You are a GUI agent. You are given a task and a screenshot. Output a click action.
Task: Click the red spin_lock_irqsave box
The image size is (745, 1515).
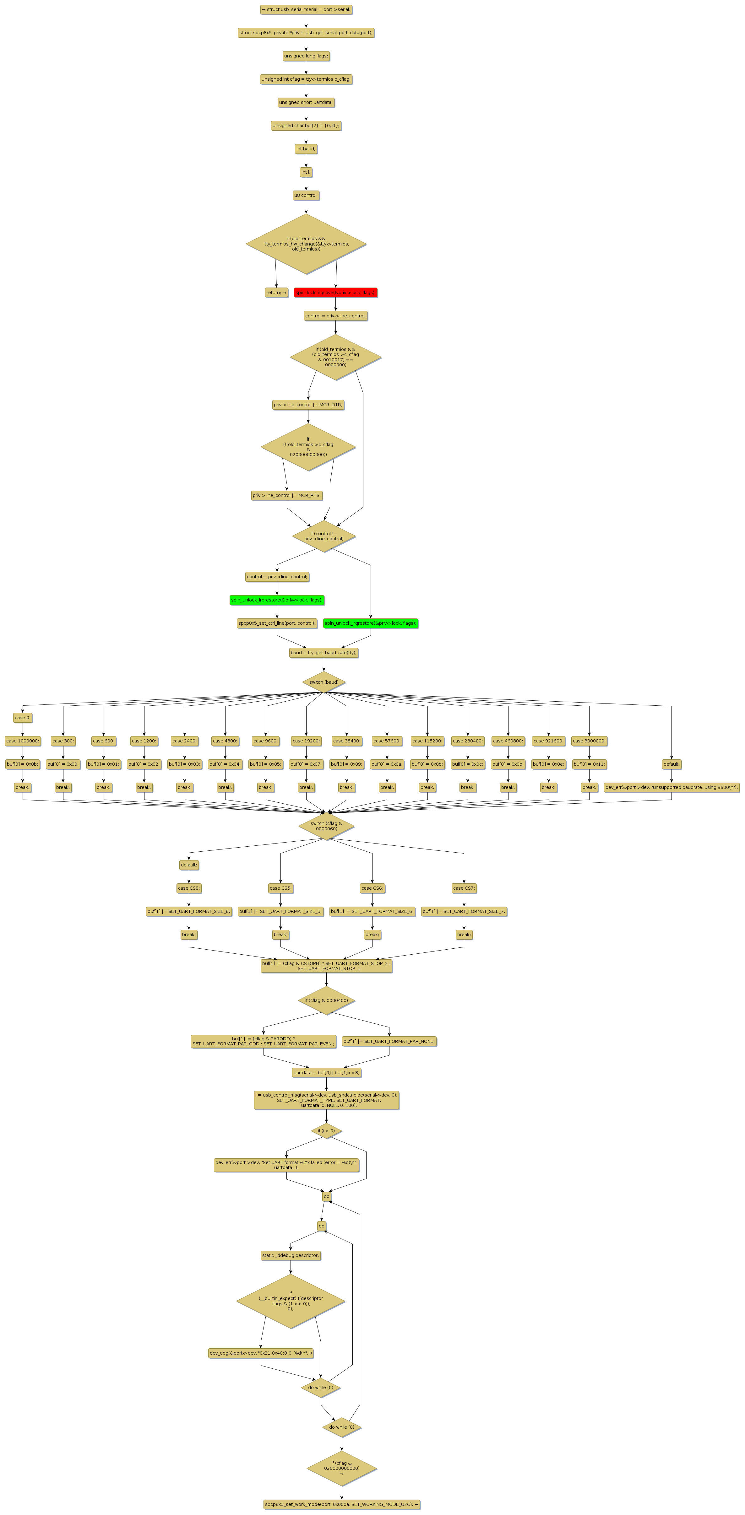(335, 292)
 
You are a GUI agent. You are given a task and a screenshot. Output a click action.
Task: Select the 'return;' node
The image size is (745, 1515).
(276, 292)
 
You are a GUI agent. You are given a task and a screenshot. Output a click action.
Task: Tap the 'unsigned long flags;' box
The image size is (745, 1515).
(306, 56)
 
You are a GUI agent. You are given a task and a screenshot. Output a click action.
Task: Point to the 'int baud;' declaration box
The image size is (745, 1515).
(306, 149)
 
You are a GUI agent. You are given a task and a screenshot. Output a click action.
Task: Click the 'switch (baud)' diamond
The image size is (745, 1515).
(324, 682)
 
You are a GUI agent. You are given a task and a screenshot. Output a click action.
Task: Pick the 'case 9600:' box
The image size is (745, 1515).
(265, 741)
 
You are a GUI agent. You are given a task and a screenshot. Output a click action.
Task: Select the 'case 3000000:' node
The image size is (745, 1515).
(589, 741)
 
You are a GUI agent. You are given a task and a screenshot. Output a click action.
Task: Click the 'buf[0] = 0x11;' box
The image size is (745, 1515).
(589, 764)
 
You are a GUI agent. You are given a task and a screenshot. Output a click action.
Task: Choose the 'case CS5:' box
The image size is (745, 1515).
(281, 888)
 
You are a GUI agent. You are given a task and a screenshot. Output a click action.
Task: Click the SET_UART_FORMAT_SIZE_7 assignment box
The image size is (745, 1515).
(464, 911)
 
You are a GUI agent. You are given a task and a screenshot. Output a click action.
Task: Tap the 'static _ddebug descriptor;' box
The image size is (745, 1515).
(291, 1255)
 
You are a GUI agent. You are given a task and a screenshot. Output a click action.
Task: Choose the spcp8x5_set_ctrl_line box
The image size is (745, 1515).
(277, 623)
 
